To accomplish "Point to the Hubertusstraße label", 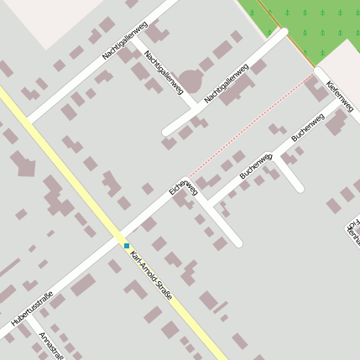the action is [x=33, y=309].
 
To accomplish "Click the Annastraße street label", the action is [x=50, y=345].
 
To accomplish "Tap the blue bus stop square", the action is [x=127, y=246].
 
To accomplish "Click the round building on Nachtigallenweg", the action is [x=190, y=81].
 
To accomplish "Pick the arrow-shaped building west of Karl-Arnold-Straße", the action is [x=23, y=164].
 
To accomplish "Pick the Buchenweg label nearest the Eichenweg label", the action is [x=256, y=165].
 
